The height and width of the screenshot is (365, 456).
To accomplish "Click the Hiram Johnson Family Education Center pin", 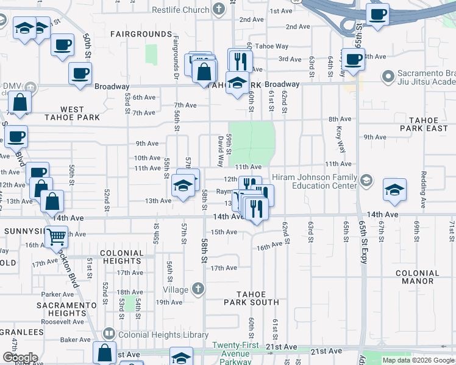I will (366, 180).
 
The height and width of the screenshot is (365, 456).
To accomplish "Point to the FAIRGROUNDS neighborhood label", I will (141, 33).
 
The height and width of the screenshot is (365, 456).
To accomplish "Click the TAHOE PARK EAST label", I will (428, 125).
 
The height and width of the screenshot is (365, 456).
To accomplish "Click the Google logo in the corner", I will (20, 358).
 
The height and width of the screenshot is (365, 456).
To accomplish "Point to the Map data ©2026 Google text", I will (418, 360).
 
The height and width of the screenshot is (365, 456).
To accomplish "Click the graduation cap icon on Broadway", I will (237, 83).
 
